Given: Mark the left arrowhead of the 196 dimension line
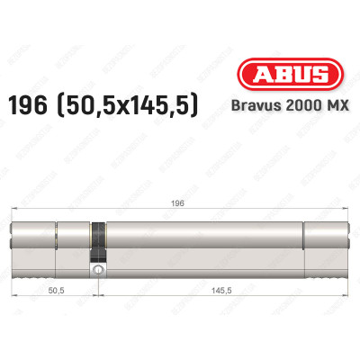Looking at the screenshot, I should [x=13, y=211].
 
